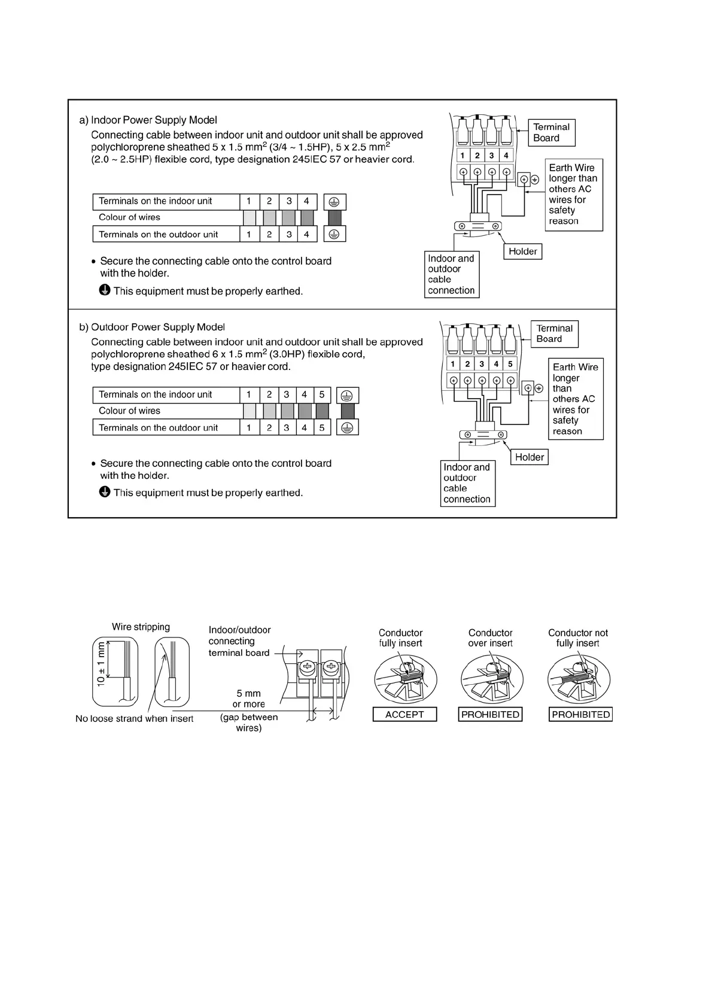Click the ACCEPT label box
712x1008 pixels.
pos(404,714)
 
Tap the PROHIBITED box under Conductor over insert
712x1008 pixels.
pos(490,714)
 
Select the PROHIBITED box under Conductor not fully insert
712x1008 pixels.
pos(580,714)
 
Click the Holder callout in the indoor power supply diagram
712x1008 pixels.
pos(522,251)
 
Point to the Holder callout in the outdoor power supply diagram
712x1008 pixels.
pos(530,457)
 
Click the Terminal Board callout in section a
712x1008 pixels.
pos(551,132)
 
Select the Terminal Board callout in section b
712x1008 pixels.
pos(554,334)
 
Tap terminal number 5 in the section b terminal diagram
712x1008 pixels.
pos(510,364)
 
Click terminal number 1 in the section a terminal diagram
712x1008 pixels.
pos(463,156)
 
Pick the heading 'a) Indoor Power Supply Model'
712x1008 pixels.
pos(148,120)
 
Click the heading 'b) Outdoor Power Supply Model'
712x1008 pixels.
pos(152,327)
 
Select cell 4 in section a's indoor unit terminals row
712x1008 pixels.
pos(306,201)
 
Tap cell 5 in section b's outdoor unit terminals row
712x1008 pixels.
pos(322,427)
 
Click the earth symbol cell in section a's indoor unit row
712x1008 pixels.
pos(334,202)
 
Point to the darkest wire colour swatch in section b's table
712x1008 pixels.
pos(348,411)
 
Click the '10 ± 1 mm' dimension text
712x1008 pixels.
pos(101,664)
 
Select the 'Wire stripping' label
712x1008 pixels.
pos(141,627)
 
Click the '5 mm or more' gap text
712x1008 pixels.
pos(249,699)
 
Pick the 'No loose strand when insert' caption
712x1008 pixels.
pos(134,718)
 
